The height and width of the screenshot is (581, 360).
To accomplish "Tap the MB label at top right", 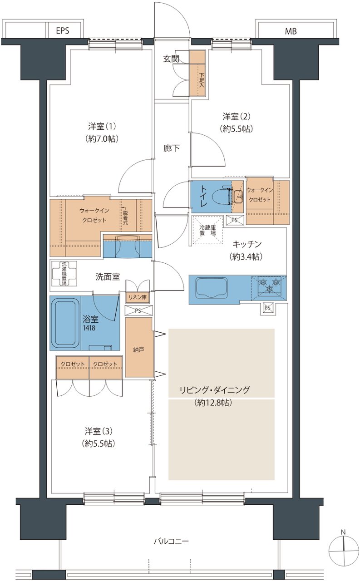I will coord(291,31).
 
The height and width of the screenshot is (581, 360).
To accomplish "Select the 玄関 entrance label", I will coord(171,59).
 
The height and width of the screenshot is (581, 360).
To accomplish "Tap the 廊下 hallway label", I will coord(171,148).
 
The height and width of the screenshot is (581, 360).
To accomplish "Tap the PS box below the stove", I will coord(267,308).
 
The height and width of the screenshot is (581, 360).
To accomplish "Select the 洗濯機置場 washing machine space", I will coord(63,274).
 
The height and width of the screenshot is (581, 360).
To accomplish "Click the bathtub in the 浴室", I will coord(64,323).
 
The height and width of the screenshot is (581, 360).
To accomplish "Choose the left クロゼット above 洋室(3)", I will coord(73,364).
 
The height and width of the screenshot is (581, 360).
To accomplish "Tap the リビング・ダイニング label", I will coord(214,390).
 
